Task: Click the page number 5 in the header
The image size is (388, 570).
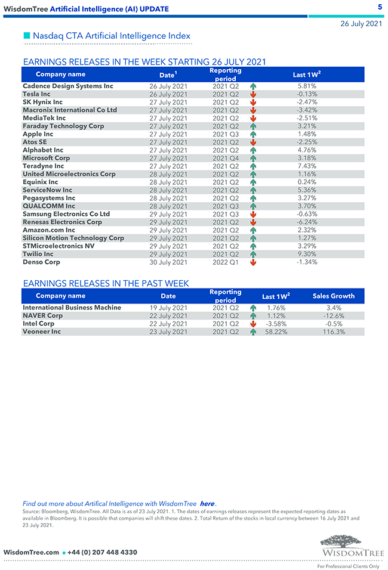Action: click(x=380, y=7)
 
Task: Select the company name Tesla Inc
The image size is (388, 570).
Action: click(x=36, y=94)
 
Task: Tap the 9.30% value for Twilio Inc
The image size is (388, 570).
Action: click(x=306, y=254)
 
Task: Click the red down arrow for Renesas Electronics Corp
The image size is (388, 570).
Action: click(x=254, y=222)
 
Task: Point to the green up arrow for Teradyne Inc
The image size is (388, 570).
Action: click(x=254, y=166)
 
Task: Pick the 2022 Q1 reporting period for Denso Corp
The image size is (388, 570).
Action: click(x=225, y=262)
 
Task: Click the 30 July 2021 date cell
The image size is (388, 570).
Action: click(x=168, y=262)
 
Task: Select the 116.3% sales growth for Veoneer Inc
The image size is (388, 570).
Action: click(x=333, y=332)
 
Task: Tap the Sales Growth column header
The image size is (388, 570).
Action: click(x=333, y=296)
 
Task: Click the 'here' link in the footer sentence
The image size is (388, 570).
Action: click(x=207, y=504)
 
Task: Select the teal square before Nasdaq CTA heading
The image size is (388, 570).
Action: click(x=27, y=36)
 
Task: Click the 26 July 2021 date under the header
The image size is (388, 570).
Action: click(x=361, y=24)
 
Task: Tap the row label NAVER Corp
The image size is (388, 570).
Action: click(x=42, y=316)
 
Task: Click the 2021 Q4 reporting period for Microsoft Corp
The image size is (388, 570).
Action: click(x=225, y=158)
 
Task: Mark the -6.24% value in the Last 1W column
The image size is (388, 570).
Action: click(x=306, y=222)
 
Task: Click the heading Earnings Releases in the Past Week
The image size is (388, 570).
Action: click(x=106, y=283)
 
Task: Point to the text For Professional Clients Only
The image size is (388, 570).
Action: click(x=348, y=566)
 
